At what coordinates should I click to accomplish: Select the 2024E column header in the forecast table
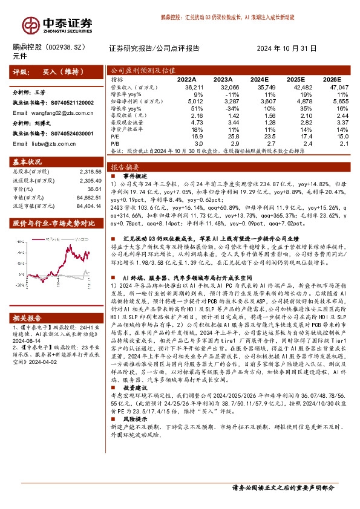point(259,79)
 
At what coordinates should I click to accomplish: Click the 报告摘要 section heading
point(126,166)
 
